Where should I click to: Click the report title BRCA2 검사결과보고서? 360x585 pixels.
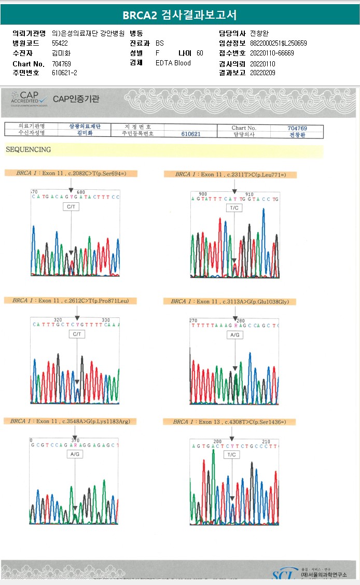click(179, 15)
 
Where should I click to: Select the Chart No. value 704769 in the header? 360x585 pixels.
click(62, 63)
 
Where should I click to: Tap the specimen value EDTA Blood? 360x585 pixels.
click(173, 63)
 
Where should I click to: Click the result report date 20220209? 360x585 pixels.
click(262, 73)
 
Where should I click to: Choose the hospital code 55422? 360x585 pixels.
click(60, 43)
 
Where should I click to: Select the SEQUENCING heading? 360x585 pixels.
click(28, 150)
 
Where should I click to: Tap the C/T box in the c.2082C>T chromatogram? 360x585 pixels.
click(71, 206)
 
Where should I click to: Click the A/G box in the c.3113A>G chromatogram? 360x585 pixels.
click(235, 335)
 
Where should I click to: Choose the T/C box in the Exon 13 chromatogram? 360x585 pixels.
click(232, 454)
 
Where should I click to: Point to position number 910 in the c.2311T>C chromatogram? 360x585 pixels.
click(249, 193)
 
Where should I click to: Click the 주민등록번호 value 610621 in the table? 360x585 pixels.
click(191, 134)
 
